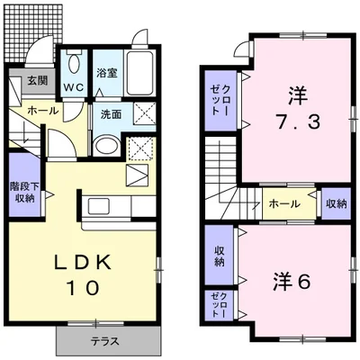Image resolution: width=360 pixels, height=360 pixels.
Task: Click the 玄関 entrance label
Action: (38, 81)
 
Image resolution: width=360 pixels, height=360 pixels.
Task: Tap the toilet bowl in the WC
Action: (73, 62)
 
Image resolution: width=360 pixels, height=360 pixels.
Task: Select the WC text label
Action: (74, 87)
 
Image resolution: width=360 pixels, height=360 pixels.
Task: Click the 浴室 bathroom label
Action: (107, 73)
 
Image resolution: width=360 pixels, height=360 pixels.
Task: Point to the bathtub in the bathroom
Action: (139, 73)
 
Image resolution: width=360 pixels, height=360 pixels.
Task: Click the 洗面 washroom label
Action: (112, 114)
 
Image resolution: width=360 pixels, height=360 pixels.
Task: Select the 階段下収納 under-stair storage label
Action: (24, 193)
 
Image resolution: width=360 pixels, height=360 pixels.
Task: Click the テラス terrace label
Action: (105, 341)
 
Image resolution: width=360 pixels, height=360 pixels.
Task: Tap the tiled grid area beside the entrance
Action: (33, 33)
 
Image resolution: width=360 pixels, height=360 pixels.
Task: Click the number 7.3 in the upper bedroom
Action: (298, 122)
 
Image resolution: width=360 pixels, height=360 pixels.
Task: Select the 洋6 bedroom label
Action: (292, 283)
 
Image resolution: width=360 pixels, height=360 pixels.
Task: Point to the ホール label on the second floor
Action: (284, 204)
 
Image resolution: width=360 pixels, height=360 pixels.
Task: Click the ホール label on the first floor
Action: (42, 111)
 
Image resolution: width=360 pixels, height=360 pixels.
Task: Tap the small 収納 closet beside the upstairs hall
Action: (337, 204)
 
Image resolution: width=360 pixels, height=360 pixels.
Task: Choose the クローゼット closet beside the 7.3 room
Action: (220, 101)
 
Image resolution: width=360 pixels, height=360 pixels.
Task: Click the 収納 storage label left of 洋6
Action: (220, 256)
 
